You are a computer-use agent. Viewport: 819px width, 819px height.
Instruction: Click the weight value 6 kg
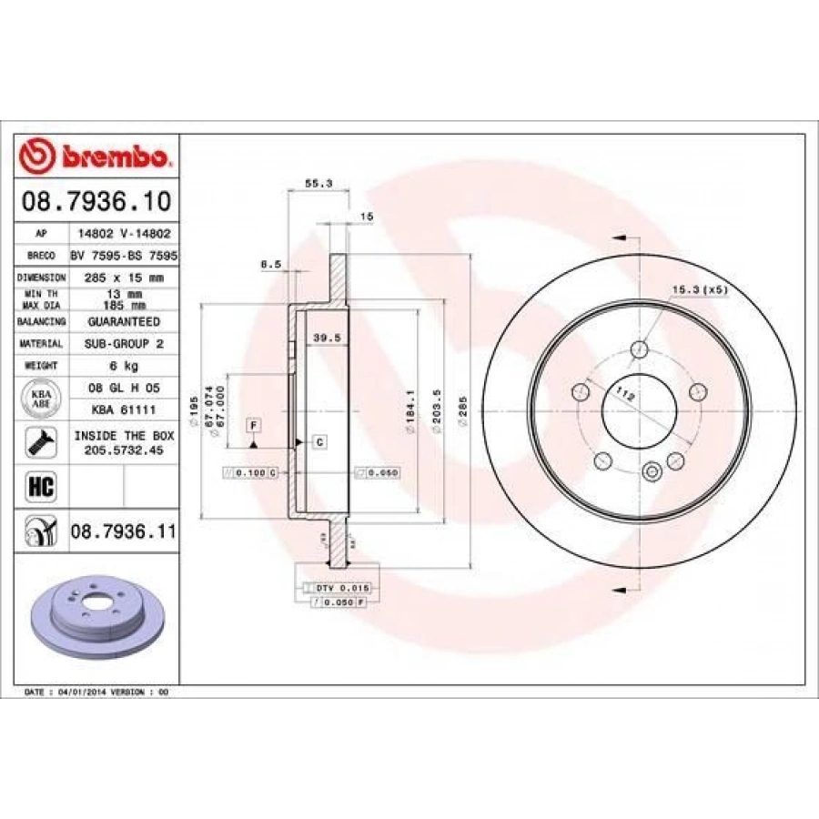(x=124, y=365)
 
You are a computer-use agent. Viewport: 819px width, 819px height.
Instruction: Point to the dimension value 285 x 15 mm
(x=124, y=277)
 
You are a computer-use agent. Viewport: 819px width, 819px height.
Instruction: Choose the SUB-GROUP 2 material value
(x=124, y=343)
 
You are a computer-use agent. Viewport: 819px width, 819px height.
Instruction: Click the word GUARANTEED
(x=124, y=321)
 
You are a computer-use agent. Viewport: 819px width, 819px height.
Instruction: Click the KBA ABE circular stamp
(x=42, y=399)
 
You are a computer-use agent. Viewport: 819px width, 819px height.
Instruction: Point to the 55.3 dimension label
(x=318, y=183)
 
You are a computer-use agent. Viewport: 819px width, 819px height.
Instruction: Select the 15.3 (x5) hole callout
(x=700, y=289)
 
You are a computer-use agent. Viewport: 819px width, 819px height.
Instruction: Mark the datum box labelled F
(x=253, y=425)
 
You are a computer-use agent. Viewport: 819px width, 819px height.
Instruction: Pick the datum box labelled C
(x=319, y=442)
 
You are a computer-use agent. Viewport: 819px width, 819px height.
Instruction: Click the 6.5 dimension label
(x=270, y=265)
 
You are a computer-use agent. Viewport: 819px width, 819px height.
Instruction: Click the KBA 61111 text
(x=124, y=410)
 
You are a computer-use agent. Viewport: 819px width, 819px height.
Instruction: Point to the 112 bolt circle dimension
(x=624, y=393)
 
